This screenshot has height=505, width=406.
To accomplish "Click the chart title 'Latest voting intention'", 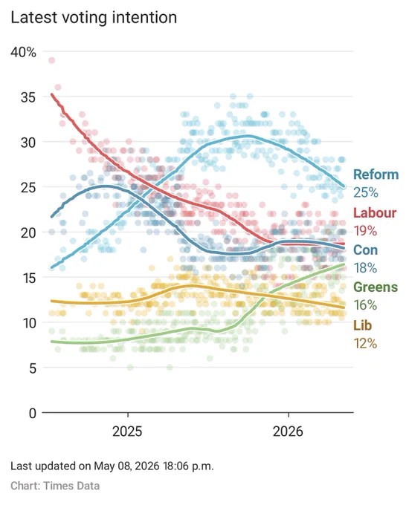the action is (x=94, y=17).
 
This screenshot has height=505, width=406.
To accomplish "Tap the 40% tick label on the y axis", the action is (x=23, y=52).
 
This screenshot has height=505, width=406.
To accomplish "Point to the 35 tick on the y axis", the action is (x=28, y=97).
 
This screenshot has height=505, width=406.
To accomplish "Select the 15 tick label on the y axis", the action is (x=28, y=277).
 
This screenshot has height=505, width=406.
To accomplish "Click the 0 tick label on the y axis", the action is (x=33, y=413).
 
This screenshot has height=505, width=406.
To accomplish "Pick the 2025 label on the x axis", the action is (x=127, y=431).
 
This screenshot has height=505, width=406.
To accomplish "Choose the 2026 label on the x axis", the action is (x=288, y=431).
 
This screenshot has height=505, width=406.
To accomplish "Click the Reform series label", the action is (x=376, y=175).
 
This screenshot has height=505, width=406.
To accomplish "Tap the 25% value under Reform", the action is (x=366, y=192).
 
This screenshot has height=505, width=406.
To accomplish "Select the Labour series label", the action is (x=375, y=212).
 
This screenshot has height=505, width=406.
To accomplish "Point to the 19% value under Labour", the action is (x=365, y=231).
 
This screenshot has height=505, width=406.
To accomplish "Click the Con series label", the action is (x=365, y=250).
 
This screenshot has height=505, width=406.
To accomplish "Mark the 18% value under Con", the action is (x=365, y=267).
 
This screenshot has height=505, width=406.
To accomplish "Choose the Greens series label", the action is (x=376, y=287).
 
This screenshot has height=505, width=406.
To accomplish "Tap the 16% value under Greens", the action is (x=365, y=304).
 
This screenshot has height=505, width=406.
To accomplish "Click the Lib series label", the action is (x=363, y=325).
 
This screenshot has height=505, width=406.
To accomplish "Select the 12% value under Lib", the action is (x=365, y=343).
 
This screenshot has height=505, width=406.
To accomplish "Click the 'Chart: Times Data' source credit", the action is (x=55, y=486).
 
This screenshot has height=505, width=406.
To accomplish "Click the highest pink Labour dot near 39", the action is (x=51, y=60).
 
